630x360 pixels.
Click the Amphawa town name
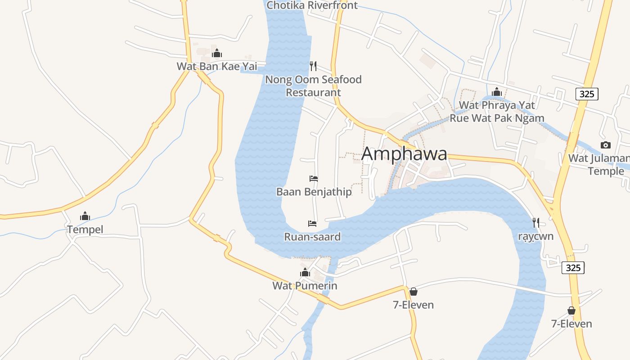[404, 154]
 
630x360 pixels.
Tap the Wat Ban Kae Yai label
[216, 67]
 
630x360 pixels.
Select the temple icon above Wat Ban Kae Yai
[217, 54]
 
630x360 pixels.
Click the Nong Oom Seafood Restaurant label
[313, 86]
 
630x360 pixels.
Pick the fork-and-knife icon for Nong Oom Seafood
[313, 66]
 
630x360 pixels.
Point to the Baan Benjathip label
[314, 192]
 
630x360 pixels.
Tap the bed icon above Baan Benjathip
[314, 179]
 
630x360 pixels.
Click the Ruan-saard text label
[312, 237]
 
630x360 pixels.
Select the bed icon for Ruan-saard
[312, 223]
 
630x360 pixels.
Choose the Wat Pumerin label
[305, 286]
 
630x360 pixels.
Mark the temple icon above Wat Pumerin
[305, 272]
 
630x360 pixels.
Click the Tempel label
[85, 229]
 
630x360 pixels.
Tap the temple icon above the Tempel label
[85, 216]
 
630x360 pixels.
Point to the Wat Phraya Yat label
[497, 105]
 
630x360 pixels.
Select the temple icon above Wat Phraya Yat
[497, 92]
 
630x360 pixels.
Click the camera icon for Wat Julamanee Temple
[606, 145]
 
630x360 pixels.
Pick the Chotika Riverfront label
[312, 5]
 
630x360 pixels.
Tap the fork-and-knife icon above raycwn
[535, 223]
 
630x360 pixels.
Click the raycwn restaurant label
[535, 236]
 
